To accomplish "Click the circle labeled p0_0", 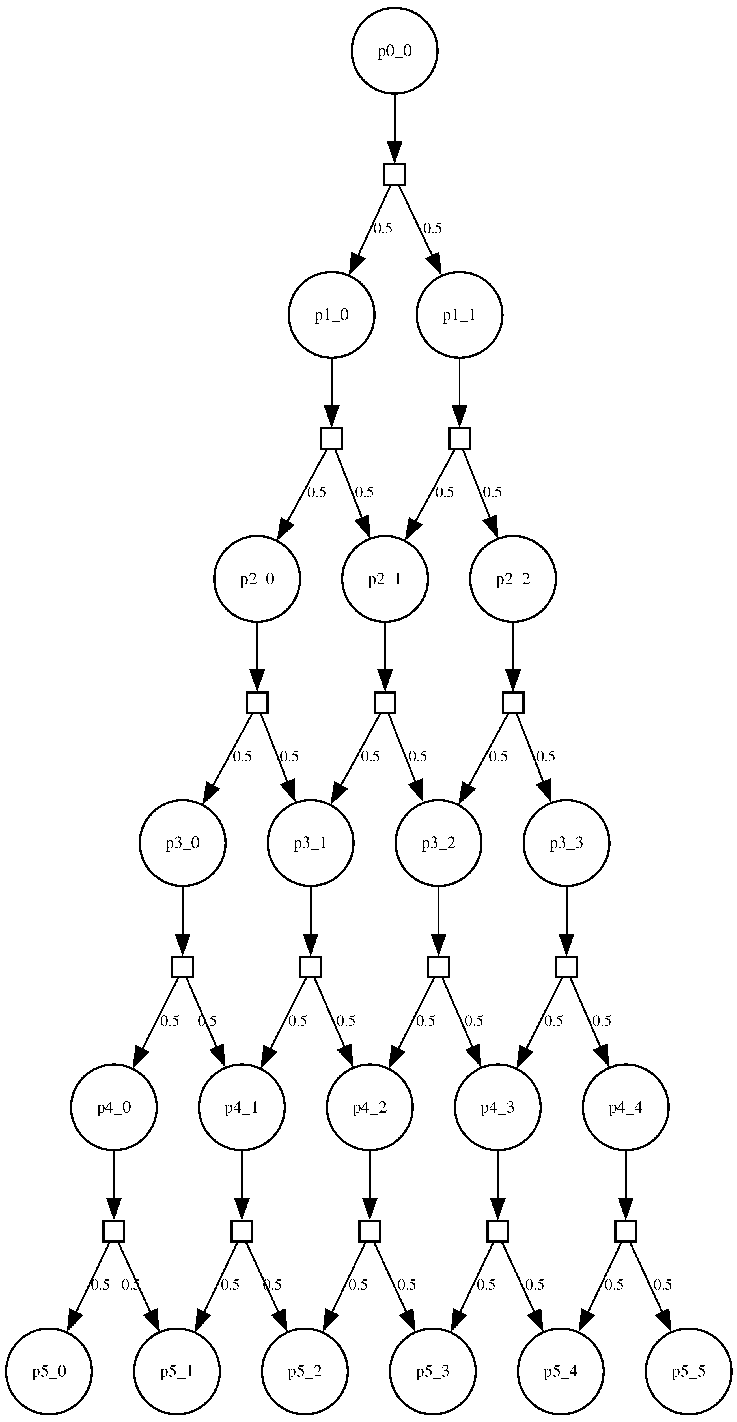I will coord(394,51).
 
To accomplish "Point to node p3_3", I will coord(566,843).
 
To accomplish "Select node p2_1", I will coord(385,579).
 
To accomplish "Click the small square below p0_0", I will coord(394,175).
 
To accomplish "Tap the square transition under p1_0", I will coord(331,438).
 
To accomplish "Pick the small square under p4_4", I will coord(626,1230).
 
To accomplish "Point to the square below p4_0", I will coord(114,1230).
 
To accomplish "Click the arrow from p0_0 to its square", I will coord(394,127).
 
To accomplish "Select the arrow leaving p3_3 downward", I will coord(566,919).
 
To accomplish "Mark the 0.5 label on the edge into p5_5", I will coord(662,1285).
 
